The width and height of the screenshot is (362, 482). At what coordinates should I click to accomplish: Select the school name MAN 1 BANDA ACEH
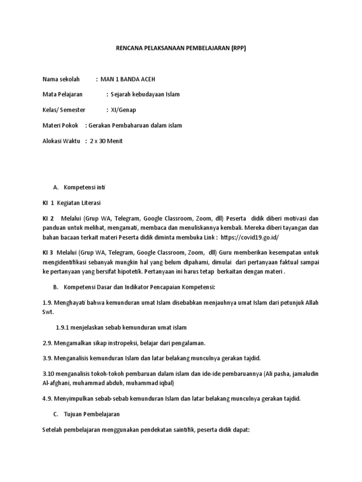coord(128,79)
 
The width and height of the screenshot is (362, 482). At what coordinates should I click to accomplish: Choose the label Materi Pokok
coord(60,125)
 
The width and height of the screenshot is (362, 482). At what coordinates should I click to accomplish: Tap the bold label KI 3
coord(48,252)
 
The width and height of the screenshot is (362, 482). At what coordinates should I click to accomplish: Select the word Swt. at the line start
coord(48,312)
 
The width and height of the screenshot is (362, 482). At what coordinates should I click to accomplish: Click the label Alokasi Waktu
coord(62,141)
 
